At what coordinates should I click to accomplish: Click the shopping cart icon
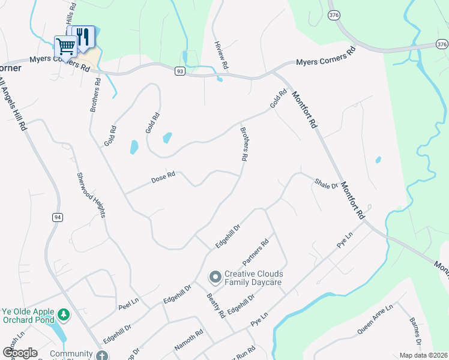point(65,45)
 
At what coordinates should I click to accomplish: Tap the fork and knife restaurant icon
point(83,36)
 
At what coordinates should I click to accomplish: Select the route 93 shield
point(180,71)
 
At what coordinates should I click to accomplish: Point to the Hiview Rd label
point(221,53)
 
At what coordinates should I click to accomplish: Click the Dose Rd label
point(163,178)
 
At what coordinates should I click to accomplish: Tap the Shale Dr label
point(326,183)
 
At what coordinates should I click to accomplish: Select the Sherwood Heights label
point(91,195)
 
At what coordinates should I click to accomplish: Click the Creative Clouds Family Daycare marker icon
point(215,277)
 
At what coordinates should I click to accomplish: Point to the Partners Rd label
point(255,253)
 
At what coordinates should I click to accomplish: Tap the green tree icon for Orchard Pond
point(63,314)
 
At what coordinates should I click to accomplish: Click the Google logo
point(20,353)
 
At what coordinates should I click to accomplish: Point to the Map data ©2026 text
point(423,355)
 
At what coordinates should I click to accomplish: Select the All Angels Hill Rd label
point(13,104)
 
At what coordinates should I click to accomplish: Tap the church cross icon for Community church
point(102,355)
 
